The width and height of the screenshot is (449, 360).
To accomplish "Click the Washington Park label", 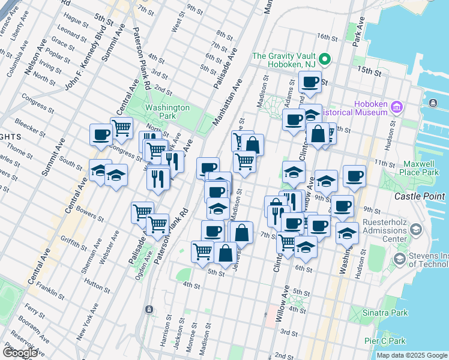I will pyautogui.click(x=168, y=112).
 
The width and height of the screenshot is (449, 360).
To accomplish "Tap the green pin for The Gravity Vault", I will pyautogui.click(x=325, y=59).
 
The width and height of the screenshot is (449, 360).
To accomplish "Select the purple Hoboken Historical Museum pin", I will pyautogui.click(x=396, y=107).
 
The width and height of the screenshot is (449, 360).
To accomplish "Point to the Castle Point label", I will pyautogui.click(x=420, y=196).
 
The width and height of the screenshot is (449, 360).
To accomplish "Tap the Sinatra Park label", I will pyautogui.click(x=387, y=313).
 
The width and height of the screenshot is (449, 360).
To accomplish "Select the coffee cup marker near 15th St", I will pyautogui.click(x=310, y=83).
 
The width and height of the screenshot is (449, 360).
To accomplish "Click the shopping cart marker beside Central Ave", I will pyautogui.click(x=122, y=128).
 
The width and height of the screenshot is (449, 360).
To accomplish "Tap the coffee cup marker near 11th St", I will pyautogui.click(x=354, y=176).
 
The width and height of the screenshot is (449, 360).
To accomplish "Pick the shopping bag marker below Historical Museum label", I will pyautogui.click(x=318, y=134).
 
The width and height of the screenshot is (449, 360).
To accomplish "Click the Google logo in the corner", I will pyautogui.click(x=20, y=352).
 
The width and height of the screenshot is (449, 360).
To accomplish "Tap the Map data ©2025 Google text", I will pyautogui.click(x=412, y=355).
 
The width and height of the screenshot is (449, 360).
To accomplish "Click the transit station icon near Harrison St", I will pyautogui.click(x=148, y=309).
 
